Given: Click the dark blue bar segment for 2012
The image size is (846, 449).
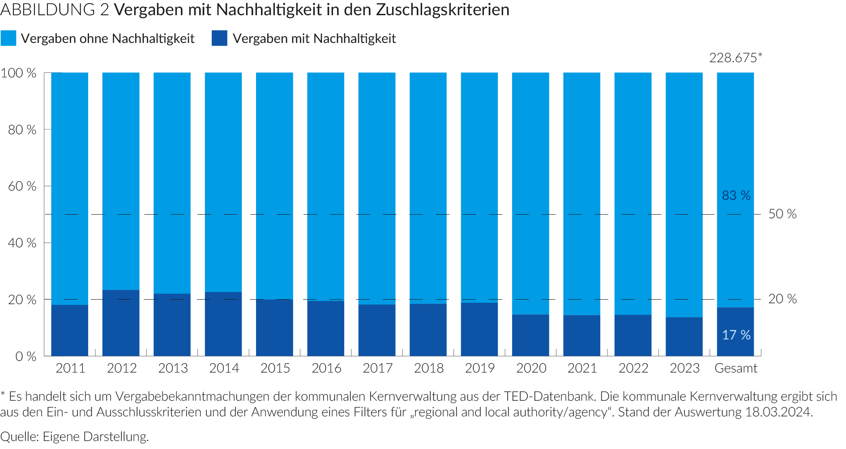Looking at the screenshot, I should [121, 323].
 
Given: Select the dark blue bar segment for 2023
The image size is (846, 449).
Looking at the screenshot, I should [684, 336].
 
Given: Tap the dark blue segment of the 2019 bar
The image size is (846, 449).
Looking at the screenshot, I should [479, 329].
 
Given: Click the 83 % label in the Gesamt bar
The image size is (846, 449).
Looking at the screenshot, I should [736, 195].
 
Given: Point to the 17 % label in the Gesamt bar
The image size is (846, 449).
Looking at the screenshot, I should [736, 335].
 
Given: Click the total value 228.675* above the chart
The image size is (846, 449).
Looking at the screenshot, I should [735, 58].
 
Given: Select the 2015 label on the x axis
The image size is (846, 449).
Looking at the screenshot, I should [275, 368].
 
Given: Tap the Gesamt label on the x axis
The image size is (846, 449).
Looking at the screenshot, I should [736, 368].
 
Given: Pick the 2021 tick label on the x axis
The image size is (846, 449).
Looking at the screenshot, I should [582, 368].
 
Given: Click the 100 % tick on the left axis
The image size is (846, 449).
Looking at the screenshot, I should [19, 73].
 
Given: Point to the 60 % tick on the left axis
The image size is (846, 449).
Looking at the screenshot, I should [22, 186].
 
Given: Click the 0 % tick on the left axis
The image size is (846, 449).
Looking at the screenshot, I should [26, 356].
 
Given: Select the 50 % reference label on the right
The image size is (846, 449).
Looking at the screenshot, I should [782, 214].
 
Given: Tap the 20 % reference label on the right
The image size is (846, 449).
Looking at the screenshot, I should [782, 299].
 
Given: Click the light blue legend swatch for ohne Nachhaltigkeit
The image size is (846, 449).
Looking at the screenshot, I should [9, 38].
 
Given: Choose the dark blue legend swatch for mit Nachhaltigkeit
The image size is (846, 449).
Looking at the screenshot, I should [220, 38].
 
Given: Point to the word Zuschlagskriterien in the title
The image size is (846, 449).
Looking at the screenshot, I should [443, 10].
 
